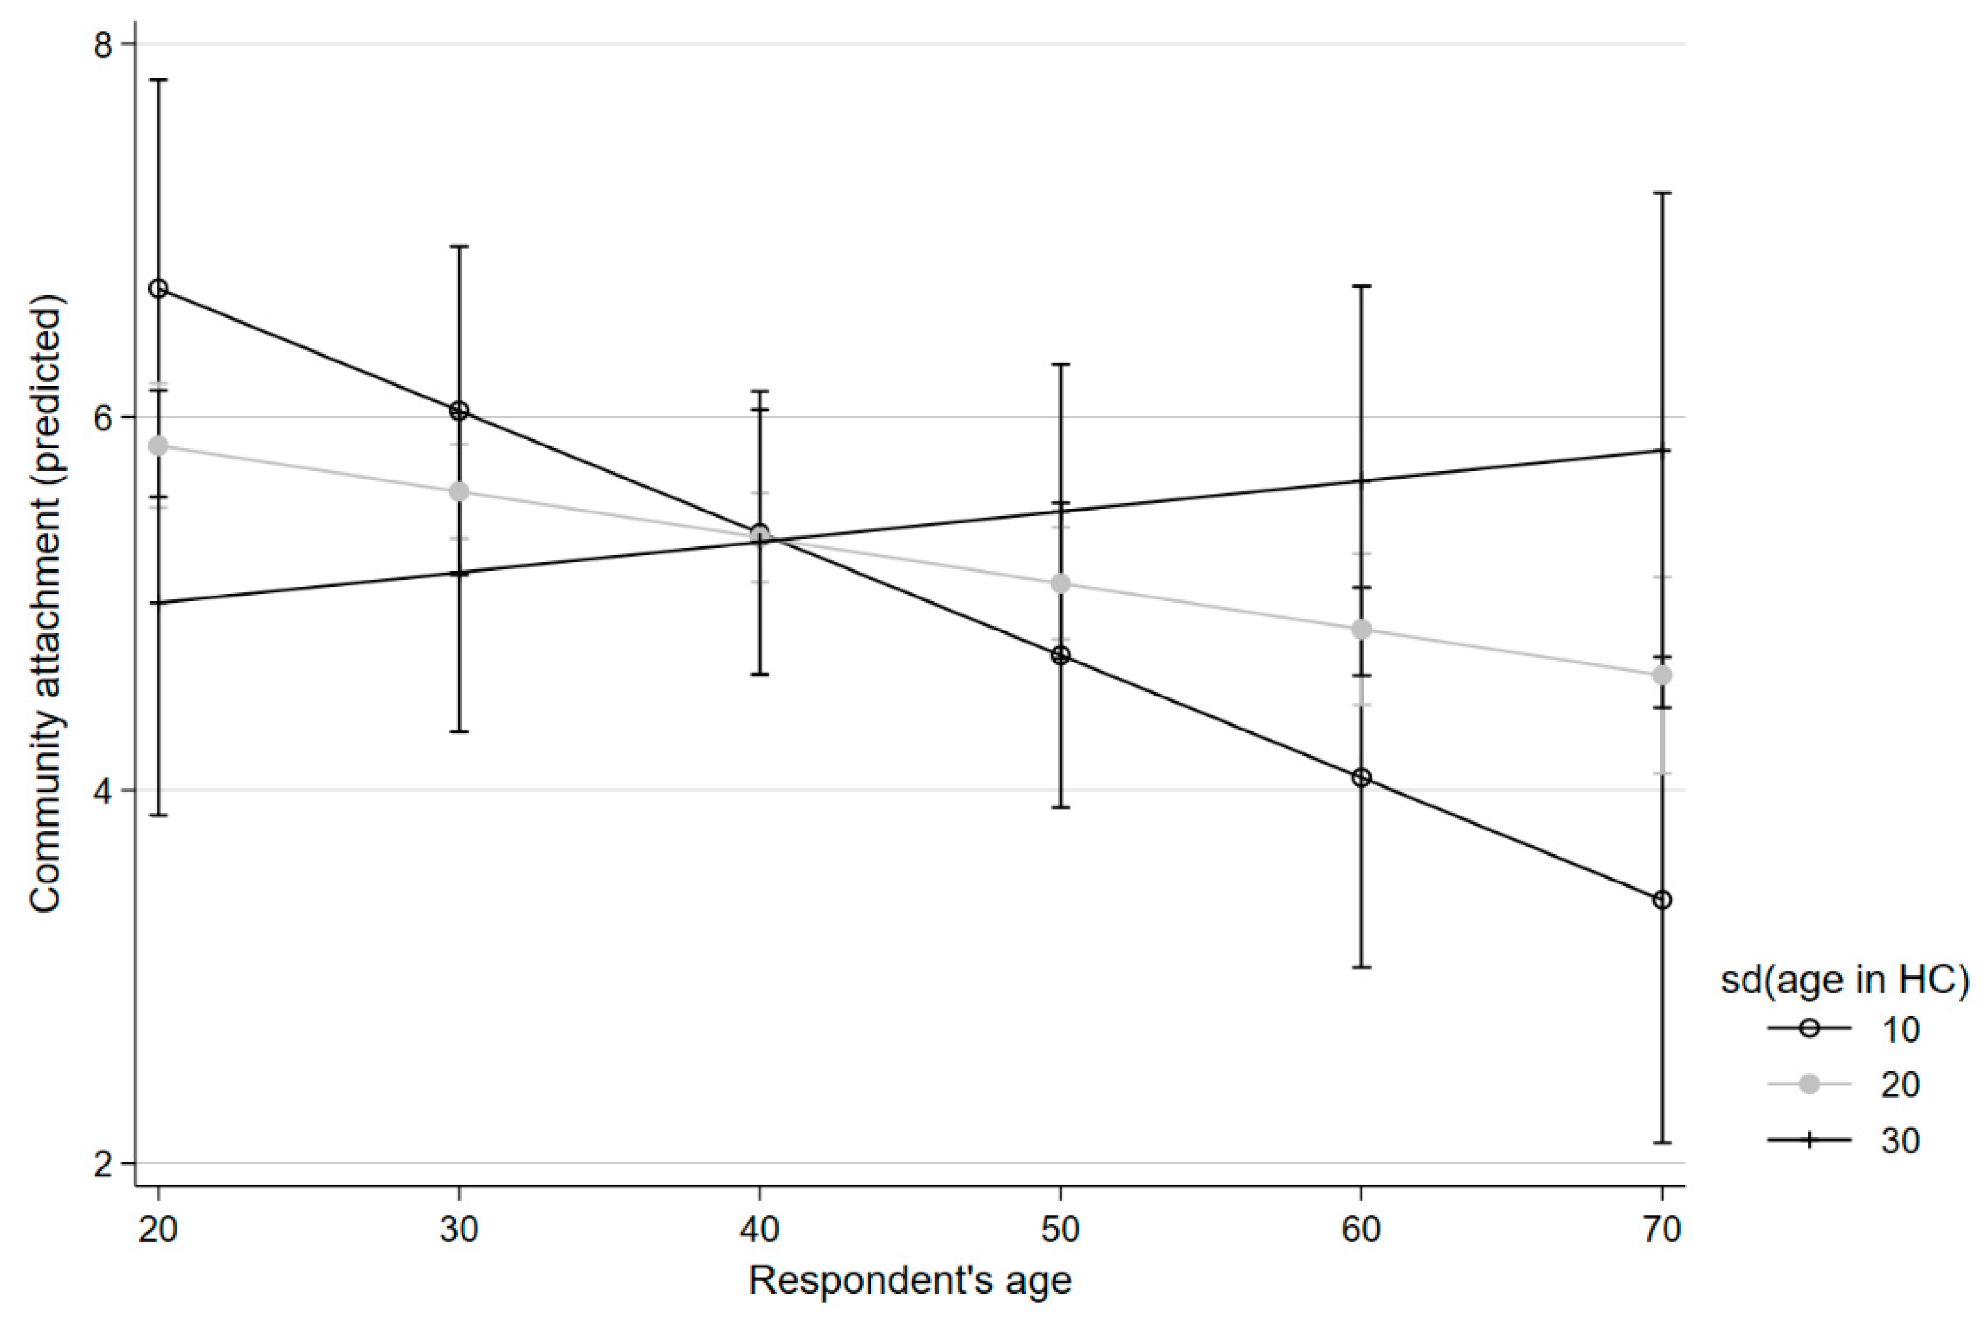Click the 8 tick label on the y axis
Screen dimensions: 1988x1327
103,45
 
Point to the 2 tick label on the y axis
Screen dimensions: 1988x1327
103,1164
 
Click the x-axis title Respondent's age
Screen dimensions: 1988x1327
910,1281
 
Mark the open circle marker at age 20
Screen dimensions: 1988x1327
158,288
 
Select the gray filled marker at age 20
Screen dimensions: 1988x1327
158,446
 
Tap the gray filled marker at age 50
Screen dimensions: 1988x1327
1060,584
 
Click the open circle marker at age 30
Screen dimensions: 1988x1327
459,411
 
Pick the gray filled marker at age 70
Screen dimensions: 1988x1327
1662,675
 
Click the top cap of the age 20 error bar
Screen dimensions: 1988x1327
158,80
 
